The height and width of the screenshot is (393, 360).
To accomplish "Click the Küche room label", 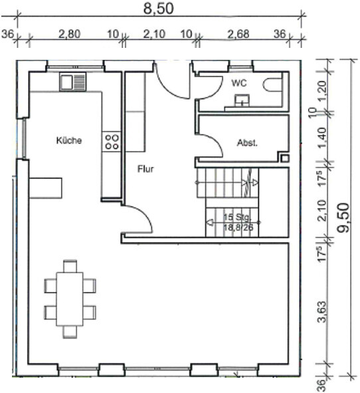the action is (x=69, y=140).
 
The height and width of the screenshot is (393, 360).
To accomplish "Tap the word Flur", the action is (x=145, y=169).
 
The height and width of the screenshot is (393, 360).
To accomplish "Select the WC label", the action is (x=239, y=83).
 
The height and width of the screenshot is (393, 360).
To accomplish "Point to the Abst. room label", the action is (x=247, y=143).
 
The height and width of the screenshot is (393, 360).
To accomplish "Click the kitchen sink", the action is (x=73, y=81).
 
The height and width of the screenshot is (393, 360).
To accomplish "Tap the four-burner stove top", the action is (x=112, y=142).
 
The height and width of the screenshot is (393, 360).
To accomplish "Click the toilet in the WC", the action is (x=272, y=84).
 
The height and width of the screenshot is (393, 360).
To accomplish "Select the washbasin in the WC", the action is (x=242, y=100).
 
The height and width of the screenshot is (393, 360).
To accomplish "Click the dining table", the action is (x=70, y=299).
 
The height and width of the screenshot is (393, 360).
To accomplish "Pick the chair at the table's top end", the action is (x=70, y=267).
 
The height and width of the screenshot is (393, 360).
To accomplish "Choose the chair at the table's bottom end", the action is (x=70, y=332).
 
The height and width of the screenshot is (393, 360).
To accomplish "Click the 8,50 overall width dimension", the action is (x=158, y=9).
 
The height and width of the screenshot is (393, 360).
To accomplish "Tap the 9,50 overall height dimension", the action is (x=343, y=217).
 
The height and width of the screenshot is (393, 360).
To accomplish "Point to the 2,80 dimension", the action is (x=70, y=34).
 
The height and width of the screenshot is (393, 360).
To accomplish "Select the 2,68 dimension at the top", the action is (x=238, y=34).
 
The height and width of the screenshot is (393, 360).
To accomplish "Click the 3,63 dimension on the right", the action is (x=322, y=312).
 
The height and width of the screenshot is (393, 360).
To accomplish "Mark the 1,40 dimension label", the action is (x=322, y=138).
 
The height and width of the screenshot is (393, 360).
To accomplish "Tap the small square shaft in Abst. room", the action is (x=285, y=158).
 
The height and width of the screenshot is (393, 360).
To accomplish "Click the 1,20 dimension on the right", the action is (x=322, y=90).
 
